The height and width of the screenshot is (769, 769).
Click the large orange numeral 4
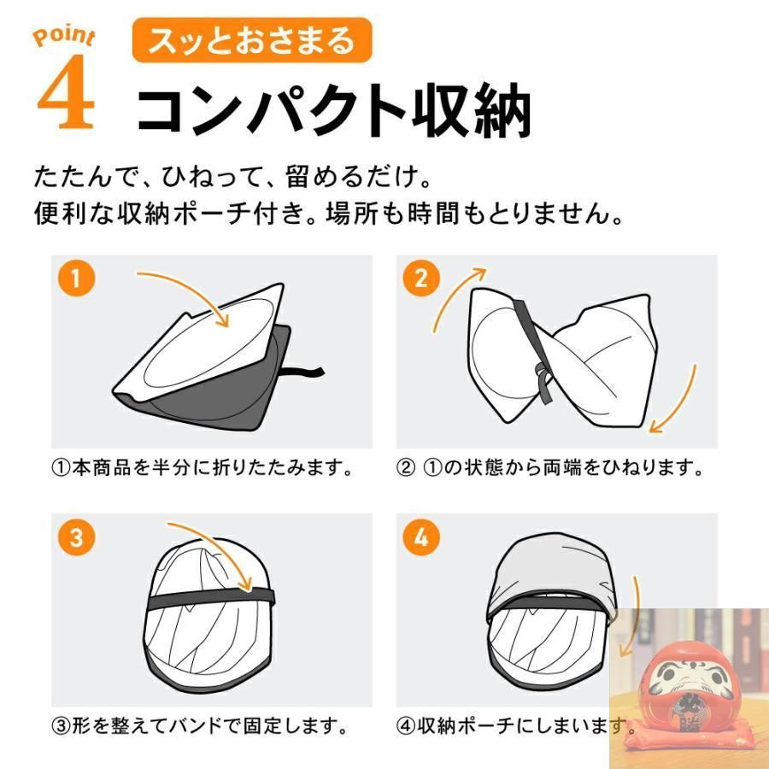[x=66, y=92]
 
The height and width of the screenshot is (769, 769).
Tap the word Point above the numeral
[x=64, y=38]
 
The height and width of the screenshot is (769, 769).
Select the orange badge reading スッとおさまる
[x=252, y=40]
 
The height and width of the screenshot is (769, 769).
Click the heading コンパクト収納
[x=333, y=109]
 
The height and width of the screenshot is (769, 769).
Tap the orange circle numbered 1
[x=76, y=278]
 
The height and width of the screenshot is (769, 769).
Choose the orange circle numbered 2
[x=420, y=278]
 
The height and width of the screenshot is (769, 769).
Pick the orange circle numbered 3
[x=76, y=537]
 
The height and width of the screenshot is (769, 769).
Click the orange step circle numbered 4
[x=420, y=537]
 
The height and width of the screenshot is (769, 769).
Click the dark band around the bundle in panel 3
[x=211, y=598]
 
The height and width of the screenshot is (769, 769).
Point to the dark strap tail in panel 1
[x=303, y=373]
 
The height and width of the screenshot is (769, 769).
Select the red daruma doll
[x=688, y=687]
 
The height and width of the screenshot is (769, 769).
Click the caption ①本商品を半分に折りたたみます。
[x=202, y=468]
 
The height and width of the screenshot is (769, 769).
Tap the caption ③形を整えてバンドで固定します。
[x=200, y=725]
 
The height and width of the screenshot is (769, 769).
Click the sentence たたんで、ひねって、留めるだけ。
[x=232, y=177]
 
